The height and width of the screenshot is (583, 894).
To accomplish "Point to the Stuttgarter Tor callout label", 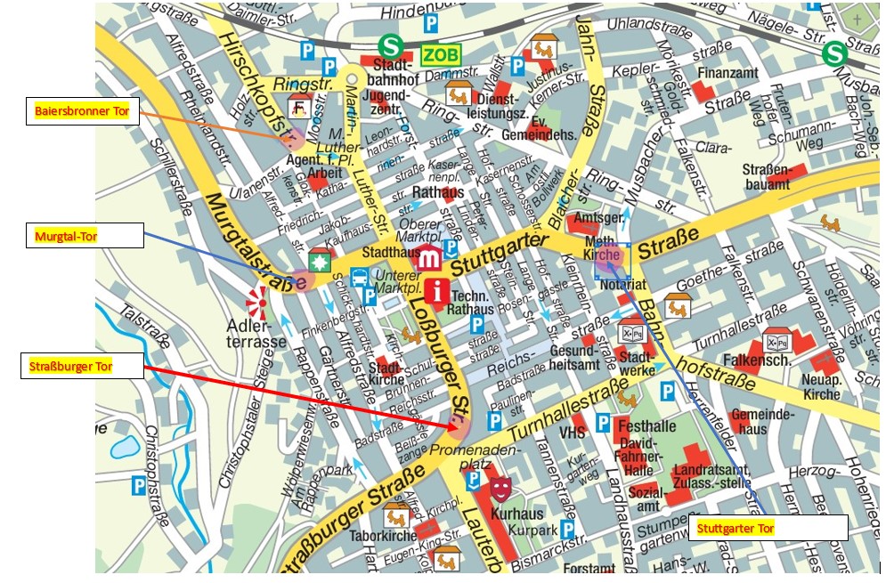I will (x=768, y=528).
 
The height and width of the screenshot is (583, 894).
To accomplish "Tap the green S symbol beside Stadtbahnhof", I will (x=388, y=46).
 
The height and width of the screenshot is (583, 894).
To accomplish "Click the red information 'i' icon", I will (x=437, y=290).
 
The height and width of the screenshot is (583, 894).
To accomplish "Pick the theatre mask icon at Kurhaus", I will (x=500, y=487).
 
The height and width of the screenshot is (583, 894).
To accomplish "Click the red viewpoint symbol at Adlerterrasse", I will (x=257, y=303).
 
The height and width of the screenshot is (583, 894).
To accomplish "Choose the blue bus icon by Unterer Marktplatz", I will (x=360, y=278).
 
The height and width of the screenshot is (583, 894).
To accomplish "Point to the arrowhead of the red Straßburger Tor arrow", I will (x=462, y=430).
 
